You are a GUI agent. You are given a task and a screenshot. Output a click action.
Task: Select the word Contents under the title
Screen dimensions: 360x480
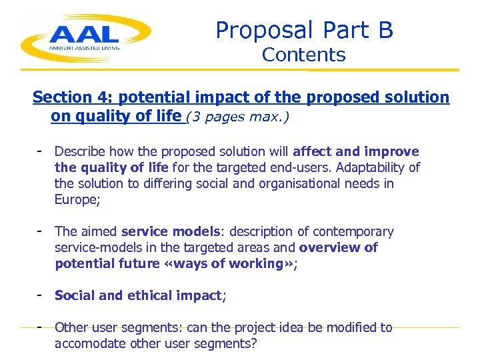tap(303, 55)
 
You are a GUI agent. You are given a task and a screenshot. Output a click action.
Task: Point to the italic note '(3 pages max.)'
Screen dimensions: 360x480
tap(238, 117)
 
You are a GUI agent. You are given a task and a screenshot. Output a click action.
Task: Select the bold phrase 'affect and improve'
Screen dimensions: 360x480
tap(356, 152)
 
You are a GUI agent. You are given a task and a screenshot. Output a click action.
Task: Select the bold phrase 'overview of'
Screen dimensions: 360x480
tap(339, 248)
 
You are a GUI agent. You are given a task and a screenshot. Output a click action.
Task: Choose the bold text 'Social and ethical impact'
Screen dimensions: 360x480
tap(138, 295)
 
